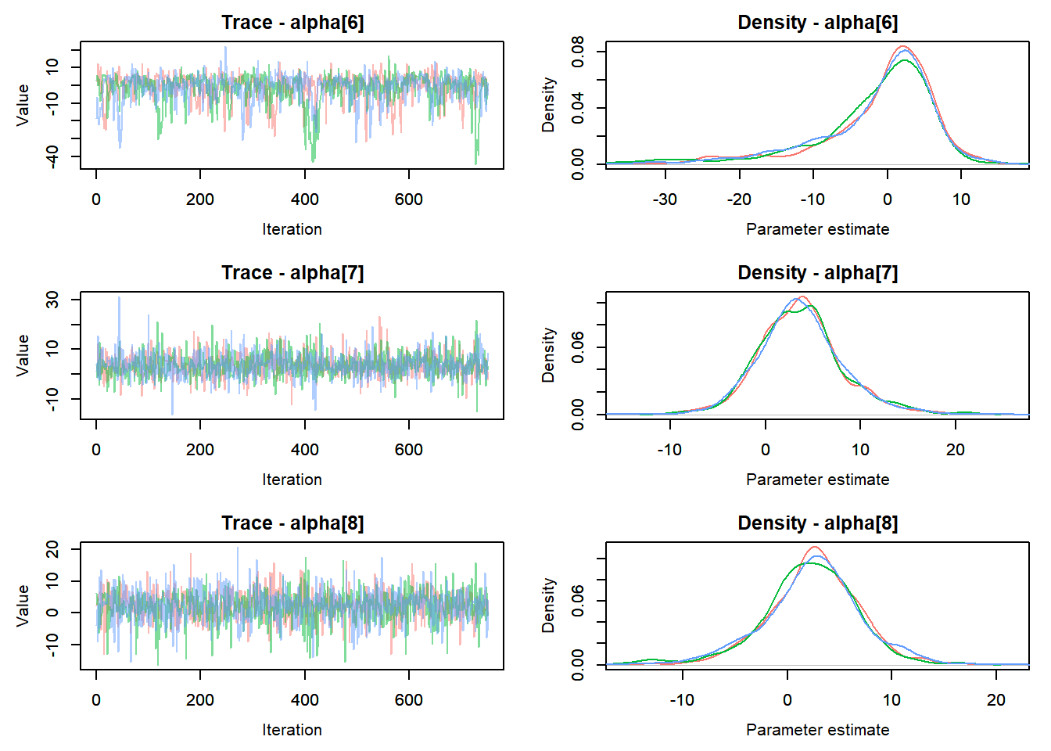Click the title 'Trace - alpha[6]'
tap(292, 23)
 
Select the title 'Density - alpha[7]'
tap(817, 273)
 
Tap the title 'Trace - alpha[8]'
tap(292, 523)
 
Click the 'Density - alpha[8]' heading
tap(817, 523)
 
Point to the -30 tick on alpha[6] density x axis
tap(665, 199)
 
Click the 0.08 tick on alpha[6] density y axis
tap(577, 52)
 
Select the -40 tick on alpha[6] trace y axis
tap(52, 156)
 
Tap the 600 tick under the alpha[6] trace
tap(409, 199)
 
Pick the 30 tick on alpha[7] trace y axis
tap(52, 300)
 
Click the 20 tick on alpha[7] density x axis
tap(956, 450)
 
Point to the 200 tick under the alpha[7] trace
tap(200, 450)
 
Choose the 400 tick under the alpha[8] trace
tap(305, 700)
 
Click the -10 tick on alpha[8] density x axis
tap(682, 700)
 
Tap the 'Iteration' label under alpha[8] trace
tap(292, 730)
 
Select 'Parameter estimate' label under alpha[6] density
tap(817, 229)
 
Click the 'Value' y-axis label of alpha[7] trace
tap(23, 355)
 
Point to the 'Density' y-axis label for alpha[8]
tap(548, 605)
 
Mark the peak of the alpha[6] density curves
tap(903, 47)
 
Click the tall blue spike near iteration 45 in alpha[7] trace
tap(119, 299)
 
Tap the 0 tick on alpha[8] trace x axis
tap(96, 700)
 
